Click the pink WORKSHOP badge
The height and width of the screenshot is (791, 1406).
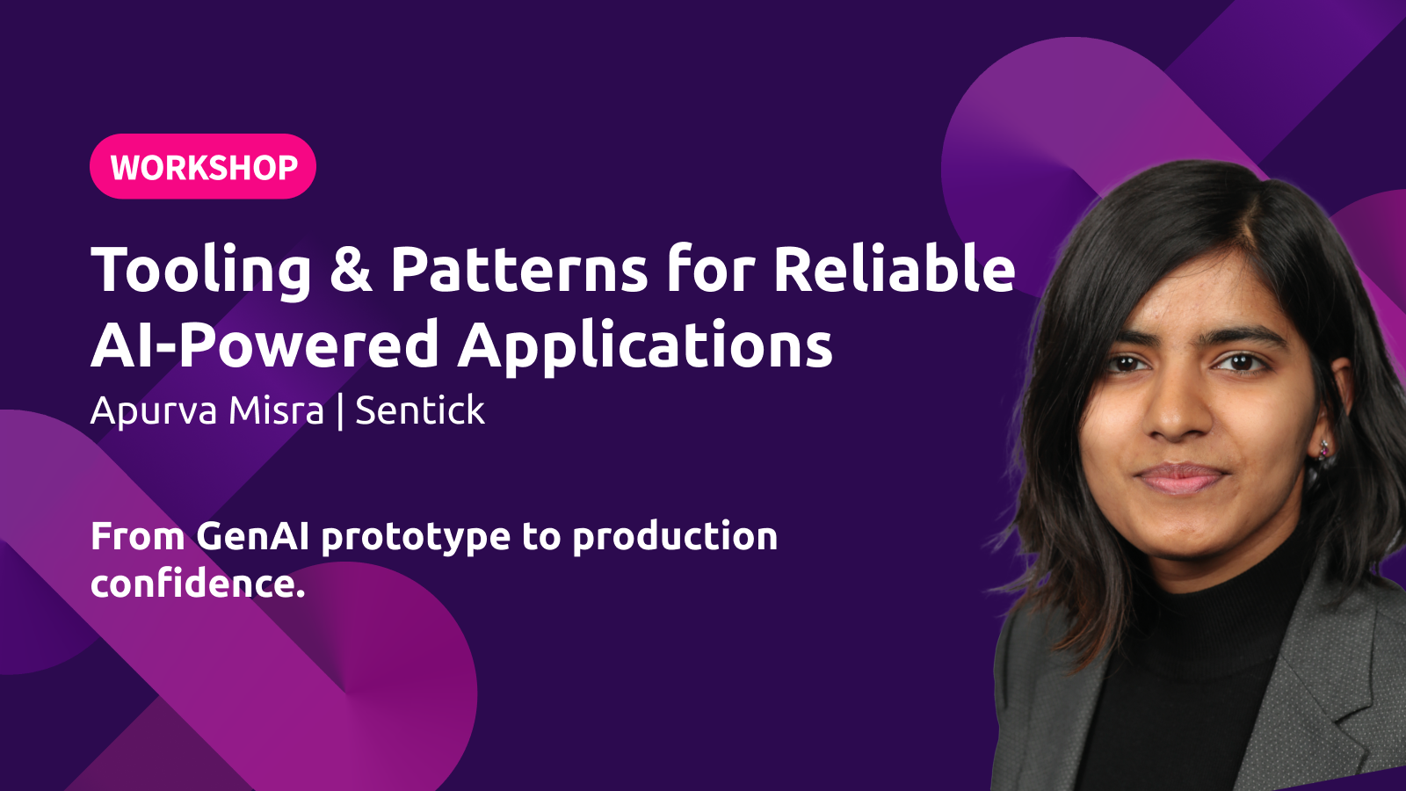coord(203,166)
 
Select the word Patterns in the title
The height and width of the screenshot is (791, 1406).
coord(519,269)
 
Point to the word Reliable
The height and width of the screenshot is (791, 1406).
coord(895,268)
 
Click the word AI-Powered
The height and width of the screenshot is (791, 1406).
coord(265,345)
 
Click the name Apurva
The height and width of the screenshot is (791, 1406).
coord(154,412)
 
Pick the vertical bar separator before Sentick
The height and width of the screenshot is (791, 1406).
coord(340,411)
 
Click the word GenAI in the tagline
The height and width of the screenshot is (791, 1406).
coord(252,537)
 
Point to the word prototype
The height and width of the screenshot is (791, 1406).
coord(416,540)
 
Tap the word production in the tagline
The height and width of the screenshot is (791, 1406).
coord(675,538)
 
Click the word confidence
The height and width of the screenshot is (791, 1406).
coord(198,584)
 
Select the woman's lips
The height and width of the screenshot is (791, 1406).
coord(1180,478)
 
